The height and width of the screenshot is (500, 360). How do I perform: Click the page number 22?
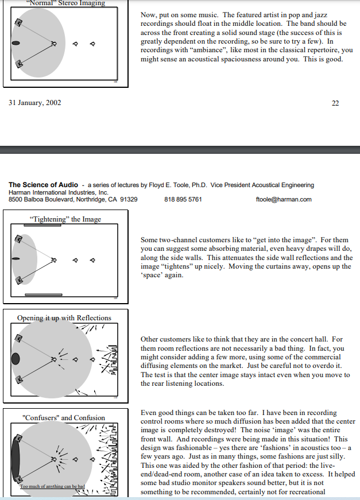point(335,103)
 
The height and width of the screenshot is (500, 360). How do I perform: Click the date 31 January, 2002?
point(34,103)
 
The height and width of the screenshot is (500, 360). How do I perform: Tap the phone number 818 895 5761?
point(183,200)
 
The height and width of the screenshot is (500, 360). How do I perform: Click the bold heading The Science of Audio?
point(43,185)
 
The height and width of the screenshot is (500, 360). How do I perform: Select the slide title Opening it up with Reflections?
point(64,318)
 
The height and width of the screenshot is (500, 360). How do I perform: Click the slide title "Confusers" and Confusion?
point(64,418)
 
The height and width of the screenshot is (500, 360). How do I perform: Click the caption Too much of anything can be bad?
point(52,486)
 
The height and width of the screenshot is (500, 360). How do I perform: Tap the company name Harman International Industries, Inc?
point(58,192)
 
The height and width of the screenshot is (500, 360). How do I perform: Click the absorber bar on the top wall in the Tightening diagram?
point(42,225)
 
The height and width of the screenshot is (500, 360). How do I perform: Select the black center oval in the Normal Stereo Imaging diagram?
point(16,43)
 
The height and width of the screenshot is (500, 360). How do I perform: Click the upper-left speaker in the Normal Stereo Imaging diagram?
point(19,22)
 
